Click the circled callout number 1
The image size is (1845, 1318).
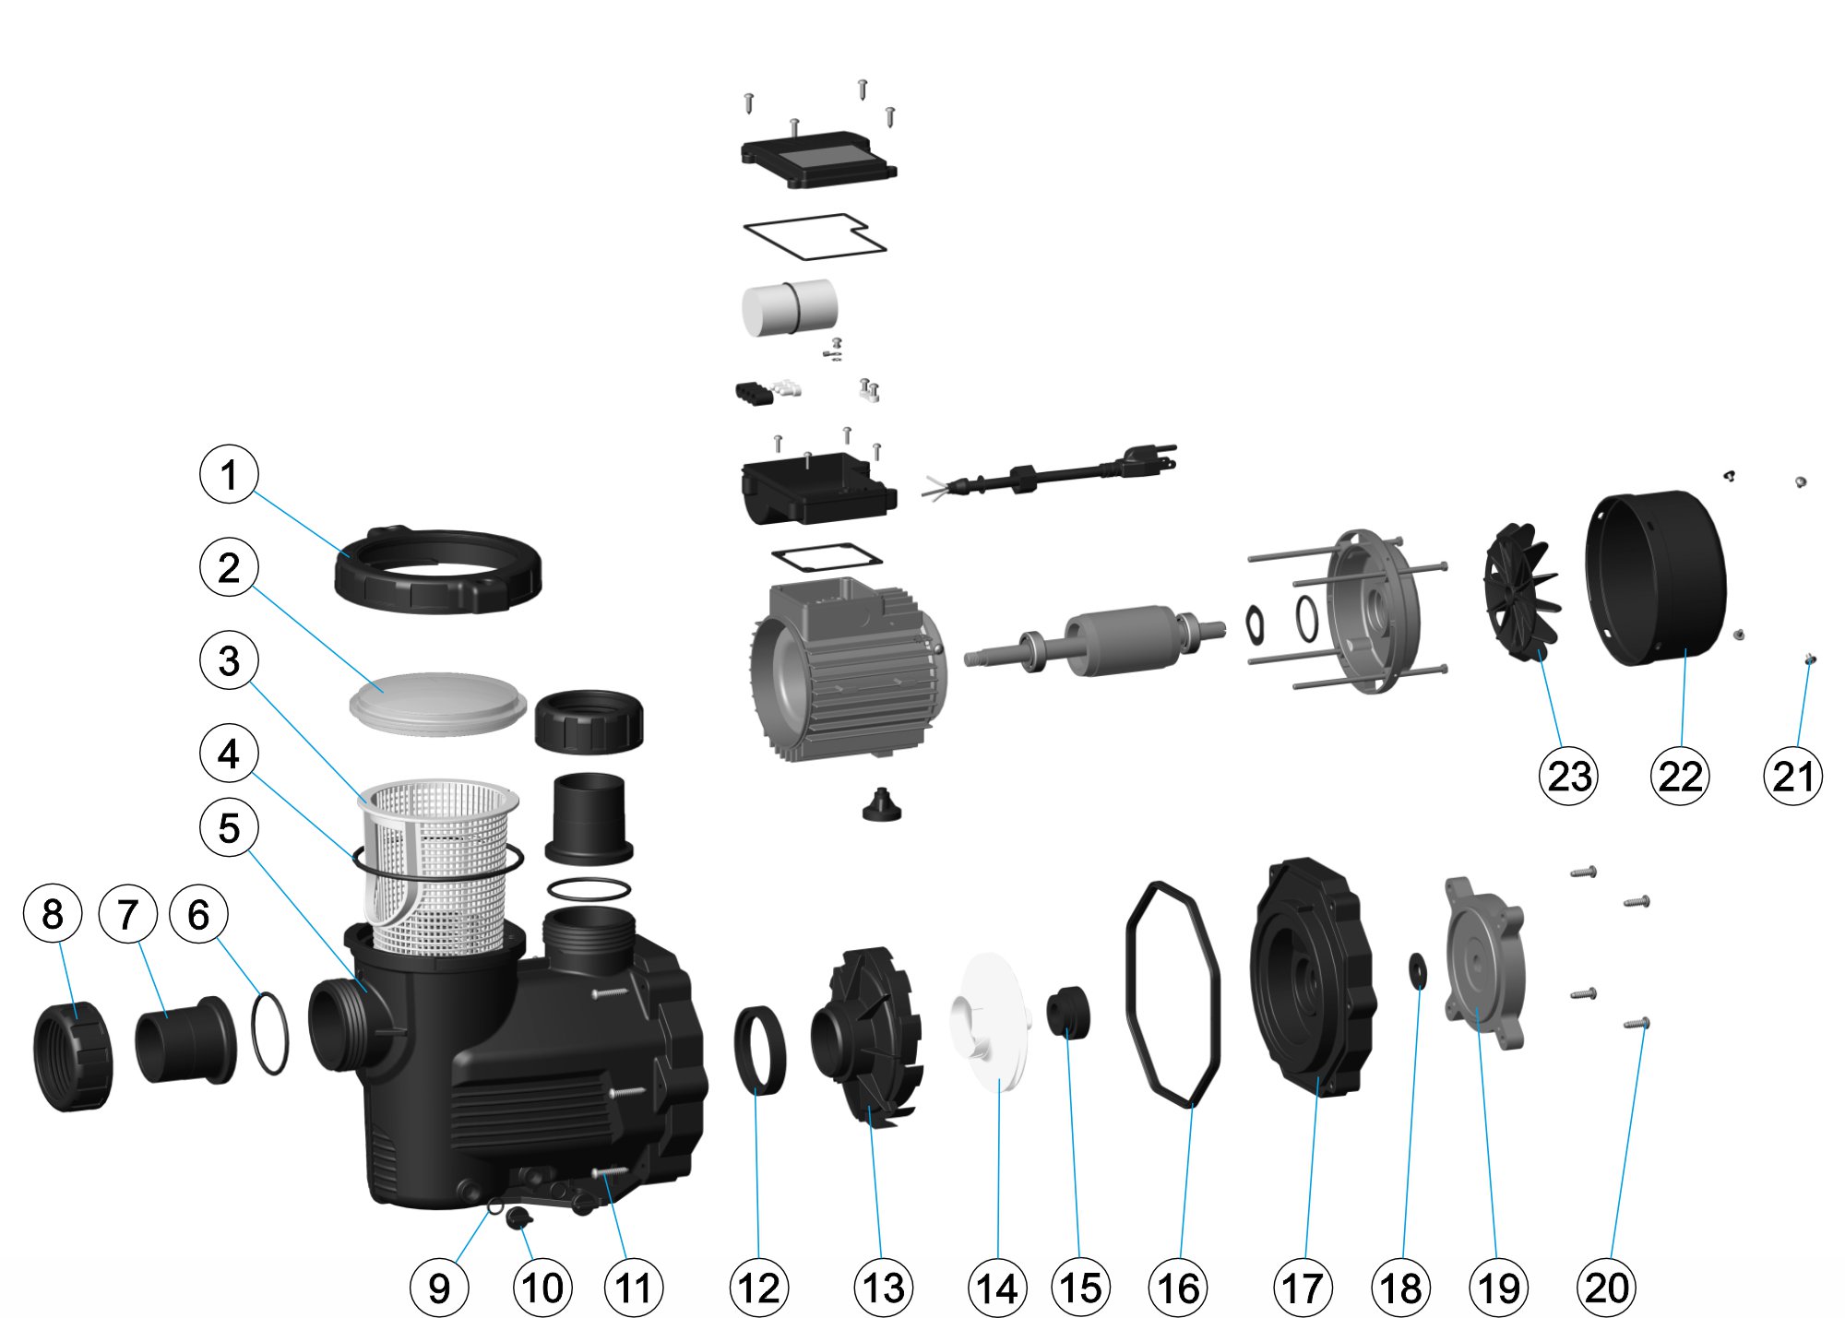229,474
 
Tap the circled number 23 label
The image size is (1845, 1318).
1568,776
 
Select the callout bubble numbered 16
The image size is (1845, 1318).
1178,1288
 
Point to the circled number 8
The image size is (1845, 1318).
53,913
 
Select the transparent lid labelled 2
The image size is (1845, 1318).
438,703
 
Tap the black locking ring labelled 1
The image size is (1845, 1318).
436,570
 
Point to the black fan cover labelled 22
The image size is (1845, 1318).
1655,579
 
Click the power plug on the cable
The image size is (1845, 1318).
1149,458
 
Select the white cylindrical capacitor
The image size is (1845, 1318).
790,307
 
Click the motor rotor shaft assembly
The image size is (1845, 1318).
1096,641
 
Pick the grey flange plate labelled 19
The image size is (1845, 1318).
1484,963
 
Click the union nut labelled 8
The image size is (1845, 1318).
74,1056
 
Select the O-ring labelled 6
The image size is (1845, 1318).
269,1033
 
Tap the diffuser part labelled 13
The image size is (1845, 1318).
866,1036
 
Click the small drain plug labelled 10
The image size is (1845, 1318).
518,1217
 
